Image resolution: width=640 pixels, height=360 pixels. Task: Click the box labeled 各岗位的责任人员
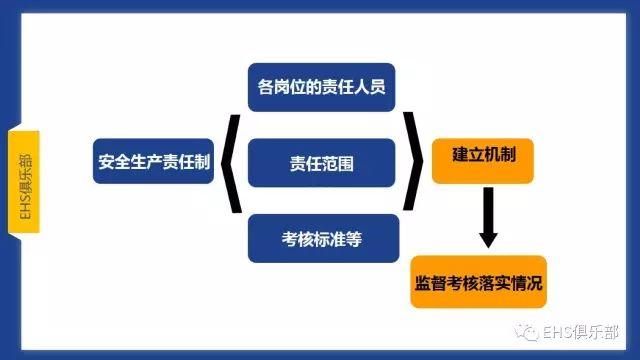(322, 87)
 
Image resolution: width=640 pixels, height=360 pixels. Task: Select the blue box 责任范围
(322, 162)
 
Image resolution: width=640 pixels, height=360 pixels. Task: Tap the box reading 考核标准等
(322, 239)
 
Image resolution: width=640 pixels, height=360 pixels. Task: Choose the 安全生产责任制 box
(154, 162)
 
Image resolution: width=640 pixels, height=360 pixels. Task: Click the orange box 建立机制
(484, 158)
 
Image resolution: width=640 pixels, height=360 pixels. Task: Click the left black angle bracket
(229, 162)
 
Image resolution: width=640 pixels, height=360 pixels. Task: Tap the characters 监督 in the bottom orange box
(430, 284)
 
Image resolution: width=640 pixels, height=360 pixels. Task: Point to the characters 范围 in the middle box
(338, 162)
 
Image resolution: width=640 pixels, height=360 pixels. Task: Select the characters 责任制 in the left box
(189, 162)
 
